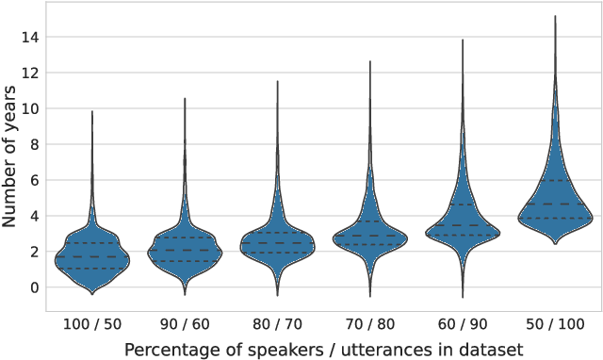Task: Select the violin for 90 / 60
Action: pos(185,250)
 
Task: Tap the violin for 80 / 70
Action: pos(277,243)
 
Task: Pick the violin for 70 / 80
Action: pos(369,237)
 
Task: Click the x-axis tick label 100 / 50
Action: pos(91,322)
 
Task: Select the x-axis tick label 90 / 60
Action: pos(185,322)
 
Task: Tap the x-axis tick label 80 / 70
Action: pos(277,322)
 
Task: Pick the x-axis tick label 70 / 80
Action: pos(369,322)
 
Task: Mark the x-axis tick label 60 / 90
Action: pos(462,322)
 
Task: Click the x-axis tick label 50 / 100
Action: pos(555,322)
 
